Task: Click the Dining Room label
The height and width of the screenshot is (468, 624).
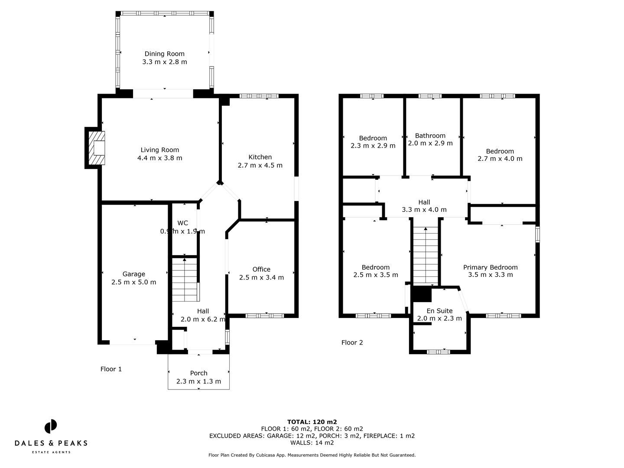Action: (x=164, y=54)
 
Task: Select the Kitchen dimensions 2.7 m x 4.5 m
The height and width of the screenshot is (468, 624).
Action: (x=260, y=165)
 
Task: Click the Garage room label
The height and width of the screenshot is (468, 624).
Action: (x=133, y=274)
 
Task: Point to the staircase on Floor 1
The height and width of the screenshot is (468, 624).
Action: (x=185, y=280)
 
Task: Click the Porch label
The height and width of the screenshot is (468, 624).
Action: (x=198, y=373)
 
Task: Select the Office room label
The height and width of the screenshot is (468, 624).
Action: (x=261, y=269)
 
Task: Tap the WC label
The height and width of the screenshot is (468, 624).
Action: (x=182, y=223)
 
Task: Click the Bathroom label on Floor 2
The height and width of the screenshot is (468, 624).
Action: (x=430, y=136)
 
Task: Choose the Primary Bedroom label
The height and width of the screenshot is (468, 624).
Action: (x=490, y=267)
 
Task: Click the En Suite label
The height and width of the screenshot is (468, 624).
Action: (x=439, y=311)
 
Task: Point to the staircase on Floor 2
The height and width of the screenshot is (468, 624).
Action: (x=426, y=256)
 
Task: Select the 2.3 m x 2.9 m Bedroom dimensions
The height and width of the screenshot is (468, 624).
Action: (x=373, y=146)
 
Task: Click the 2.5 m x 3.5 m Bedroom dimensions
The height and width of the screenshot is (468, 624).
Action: (x=375, y=275)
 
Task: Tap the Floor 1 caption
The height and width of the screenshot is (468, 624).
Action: (x=111, y=369)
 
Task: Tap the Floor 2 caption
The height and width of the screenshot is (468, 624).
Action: (x=352, y=343)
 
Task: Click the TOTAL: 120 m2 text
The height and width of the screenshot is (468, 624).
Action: (x=312, y=422)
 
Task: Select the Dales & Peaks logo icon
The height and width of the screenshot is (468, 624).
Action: (x=51, y=426)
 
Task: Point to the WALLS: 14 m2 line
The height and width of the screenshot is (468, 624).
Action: (x=312, y=442)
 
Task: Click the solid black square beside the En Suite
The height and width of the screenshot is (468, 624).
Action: (x=421, y=294)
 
